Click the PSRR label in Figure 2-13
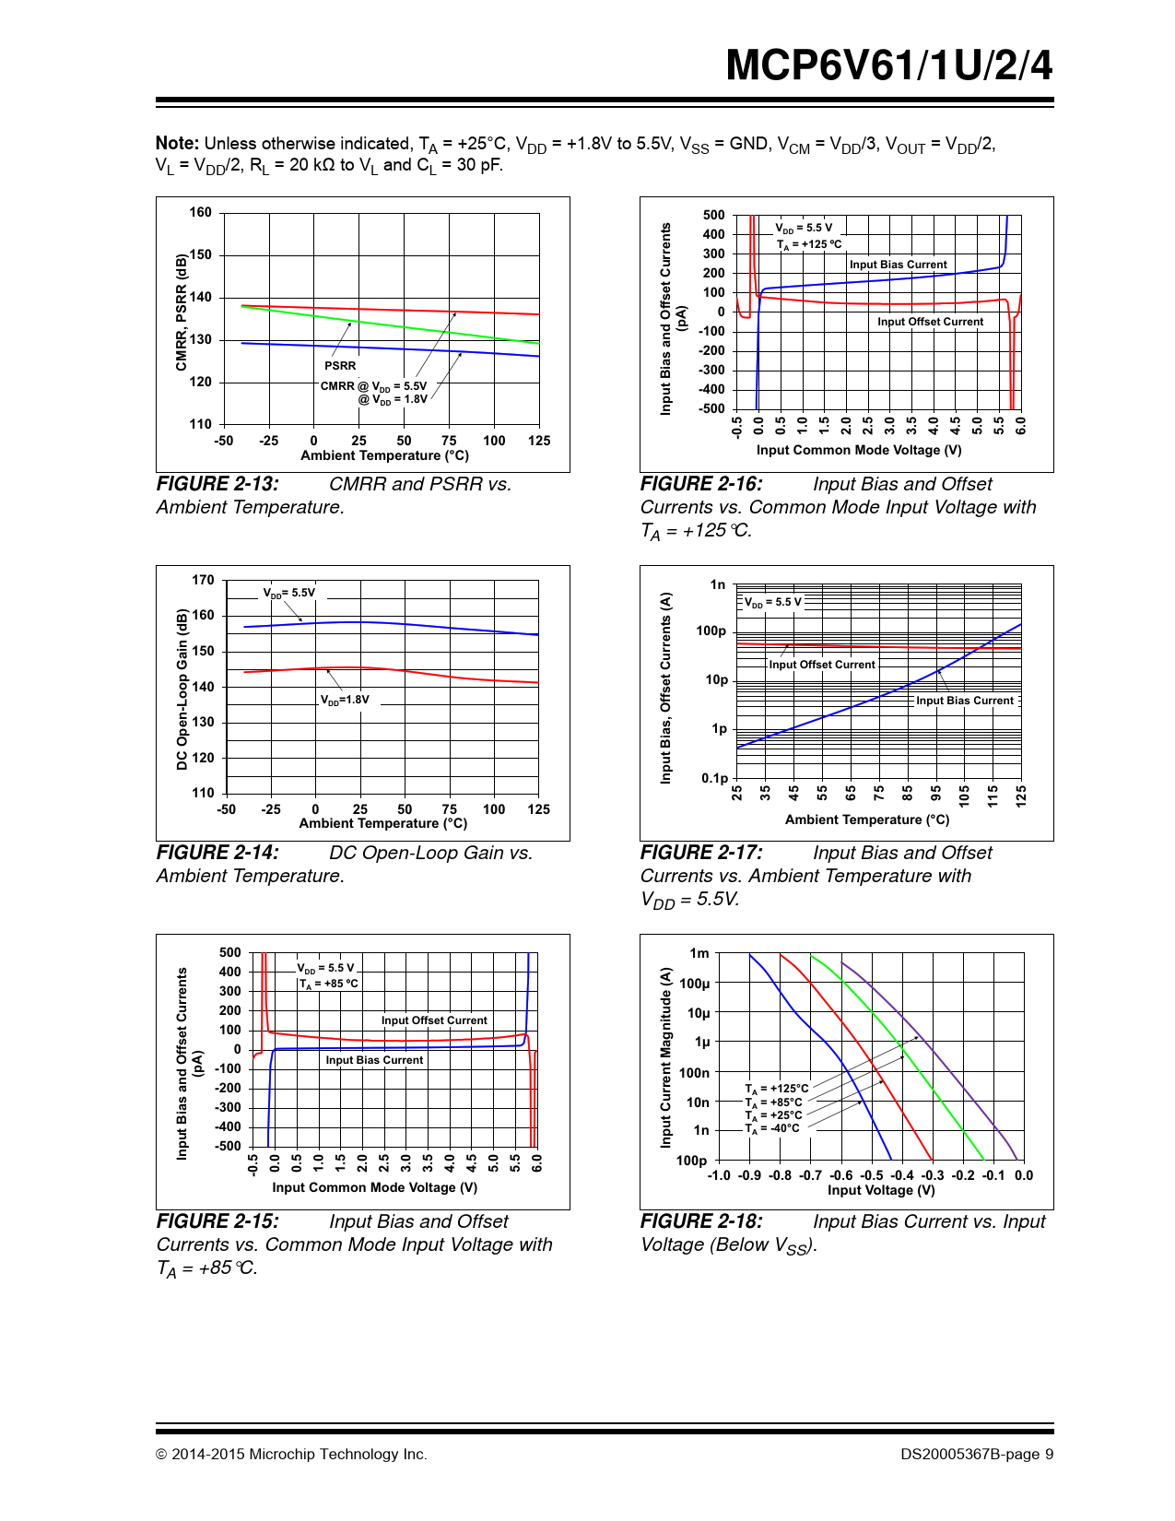coord(339,366)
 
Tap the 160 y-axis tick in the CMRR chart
coord(201,212)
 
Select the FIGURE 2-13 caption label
coord(217,484)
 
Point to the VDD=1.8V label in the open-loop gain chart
coord(345,700)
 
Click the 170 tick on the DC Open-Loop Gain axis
coord(203,580)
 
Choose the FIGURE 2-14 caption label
coord(217,853)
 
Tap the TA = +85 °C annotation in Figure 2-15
coord(328,984)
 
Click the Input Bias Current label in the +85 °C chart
coord(374,1060)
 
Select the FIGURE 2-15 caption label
coord(217,1221)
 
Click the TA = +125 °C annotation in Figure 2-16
coord(809,244)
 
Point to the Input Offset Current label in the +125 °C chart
coord(930,322)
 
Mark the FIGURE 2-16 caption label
coord(701,484)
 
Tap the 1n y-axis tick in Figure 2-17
coord(718,584)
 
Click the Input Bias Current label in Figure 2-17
coord(964,701)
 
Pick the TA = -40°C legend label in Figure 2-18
coord(772,1128)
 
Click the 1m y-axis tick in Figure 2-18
coord(699,953)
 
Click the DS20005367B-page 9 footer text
coord(977,1455)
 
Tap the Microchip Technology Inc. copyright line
coord(291,1455)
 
